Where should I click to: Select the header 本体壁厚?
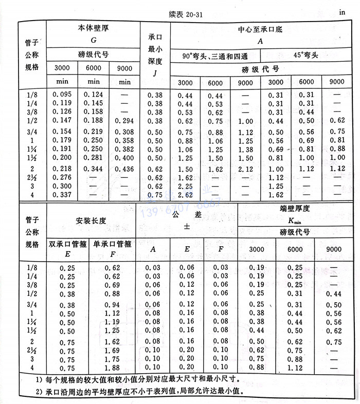coord(94,28)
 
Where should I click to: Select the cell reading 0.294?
coord(124,121)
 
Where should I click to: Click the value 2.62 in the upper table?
coord(186,195)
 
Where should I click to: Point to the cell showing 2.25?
coord(186,186)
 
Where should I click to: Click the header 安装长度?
coord(91,221)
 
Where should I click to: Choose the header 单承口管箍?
coord(112,244)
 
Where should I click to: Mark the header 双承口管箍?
coord(67,244)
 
